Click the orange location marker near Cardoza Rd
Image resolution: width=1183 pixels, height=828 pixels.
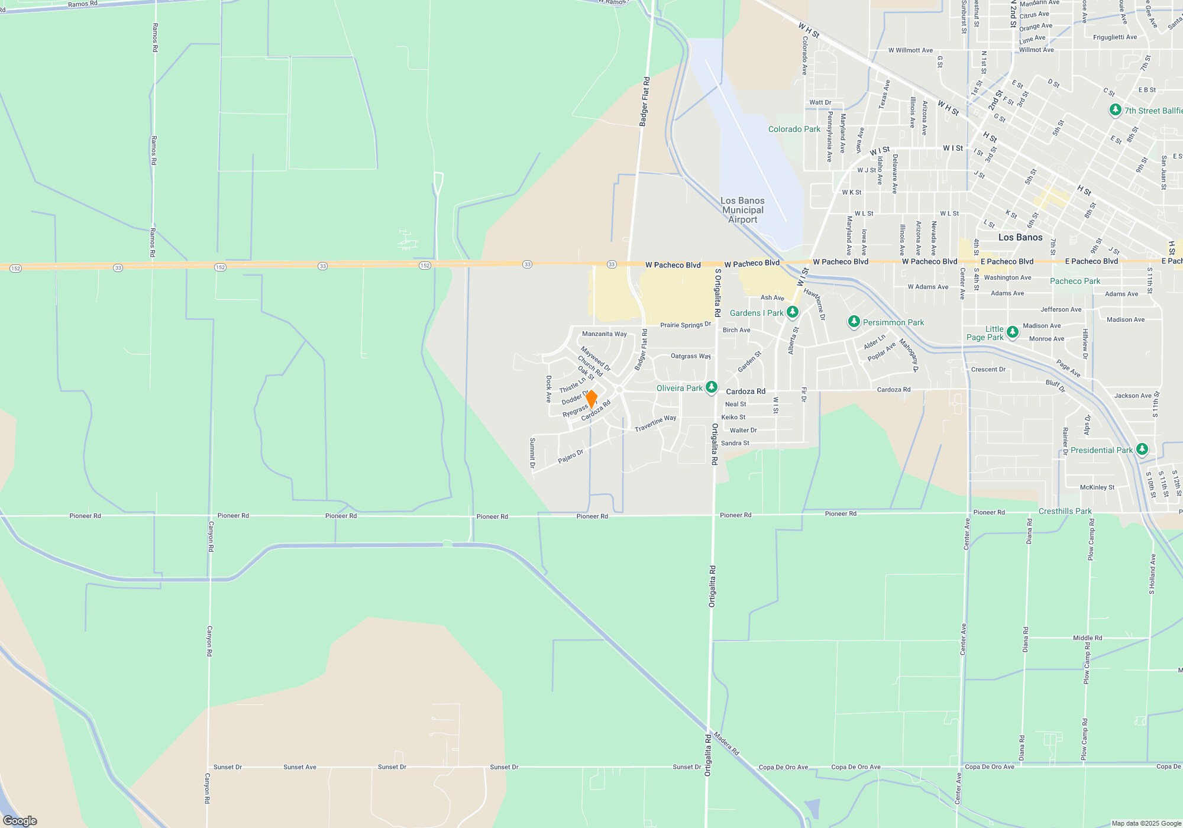point(591,399)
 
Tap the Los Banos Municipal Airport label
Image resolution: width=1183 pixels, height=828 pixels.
point(742,210)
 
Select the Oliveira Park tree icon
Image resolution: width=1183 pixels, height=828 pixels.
point(712,387)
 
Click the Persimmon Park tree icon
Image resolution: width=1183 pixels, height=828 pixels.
point(854,322)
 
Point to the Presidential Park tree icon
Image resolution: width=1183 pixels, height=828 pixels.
point(1142,449)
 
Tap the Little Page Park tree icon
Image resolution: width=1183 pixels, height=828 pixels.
point(1013,332)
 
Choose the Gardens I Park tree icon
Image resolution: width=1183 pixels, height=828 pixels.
point(793,312)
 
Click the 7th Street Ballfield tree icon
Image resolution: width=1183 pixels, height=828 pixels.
point(1115,110)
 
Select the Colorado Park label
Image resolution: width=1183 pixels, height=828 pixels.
point(794,129)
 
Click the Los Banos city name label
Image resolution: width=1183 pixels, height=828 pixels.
point(1020,237)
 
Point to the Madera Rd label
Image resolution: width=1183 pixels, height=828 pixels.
point(726,743)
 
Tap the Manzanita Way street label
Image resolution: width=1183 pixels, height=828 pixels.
point(604,334)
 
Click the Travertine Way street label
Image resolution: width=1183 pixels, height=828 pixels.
point(655,423)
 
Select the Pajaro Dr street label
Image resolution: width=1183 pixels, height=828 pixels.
point(571,457)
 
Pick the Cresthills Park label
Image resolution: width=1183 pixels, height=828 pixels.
point(1065,511)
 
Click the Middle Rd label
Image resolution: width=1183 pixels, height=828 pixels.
point(1087,638)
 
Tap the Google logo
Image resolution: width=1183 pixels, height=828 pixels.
point(20,820)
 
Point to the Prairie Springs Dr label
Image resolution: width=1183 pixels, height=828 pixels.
point(686,325)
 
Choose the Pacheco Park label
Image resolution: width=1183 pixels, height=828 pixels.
point(1075,281)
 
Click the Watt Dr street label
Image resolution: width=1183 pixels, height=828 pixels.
point(820,102)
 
